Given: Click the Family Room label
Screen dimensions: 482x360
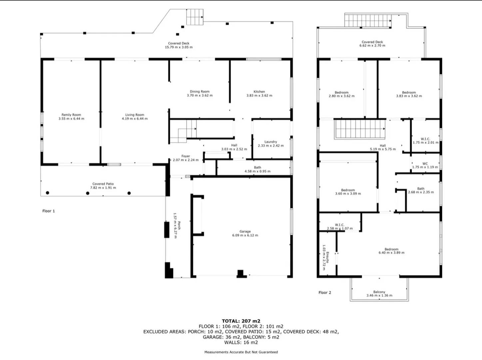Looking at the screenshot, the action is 71,115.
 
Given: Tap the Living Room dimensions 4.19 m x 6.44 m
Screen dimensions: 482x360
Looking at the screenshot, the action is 135,119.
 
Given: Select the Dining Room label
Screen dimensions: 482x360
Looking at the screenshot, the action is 200,92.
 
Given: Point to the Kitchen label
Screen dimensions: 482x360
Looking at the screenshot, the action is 259,92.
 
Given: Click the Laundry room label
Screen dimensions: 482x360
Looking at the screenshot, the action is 270,142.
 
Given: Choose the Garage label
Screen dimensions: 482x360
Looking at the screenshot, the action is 245,231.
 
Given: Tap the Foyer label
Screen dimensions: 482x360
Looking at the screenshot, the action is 186,156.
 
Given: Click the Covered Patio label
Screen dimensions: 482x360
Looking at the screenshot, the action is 103,184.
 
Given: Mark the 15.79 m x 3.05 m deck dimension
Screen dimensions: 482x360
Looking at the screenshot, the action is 179,47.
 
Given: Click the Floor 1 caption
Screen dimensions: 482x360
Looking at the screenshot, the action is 49,211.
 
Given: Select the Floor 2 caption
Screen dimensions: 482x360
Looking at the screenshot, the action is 325,293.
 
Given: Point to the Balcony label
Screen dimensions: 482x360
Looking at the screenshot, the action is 379,292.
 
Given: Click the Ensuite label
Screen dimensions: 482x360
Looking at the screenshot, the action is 327,257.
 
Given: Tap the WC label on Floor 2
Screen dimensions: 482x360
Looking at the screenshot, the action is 425,164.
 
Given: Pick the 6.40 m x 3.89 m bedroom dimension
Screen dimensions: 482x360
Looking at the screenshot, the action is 391,253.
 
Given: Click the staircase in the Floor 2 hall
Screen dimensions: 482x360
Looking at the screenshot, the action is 360,129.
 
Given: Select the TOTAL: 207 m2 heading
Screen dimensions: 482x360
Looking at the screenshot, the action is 241,321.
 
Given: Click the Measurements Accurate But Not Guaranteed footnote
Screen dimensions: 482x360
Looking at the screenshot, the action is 241,352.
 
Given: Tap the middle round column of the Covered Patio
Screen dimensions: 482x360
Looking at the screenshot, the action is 88,193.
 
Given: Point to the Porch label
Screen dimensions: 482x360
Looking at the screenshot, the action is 179,225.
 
